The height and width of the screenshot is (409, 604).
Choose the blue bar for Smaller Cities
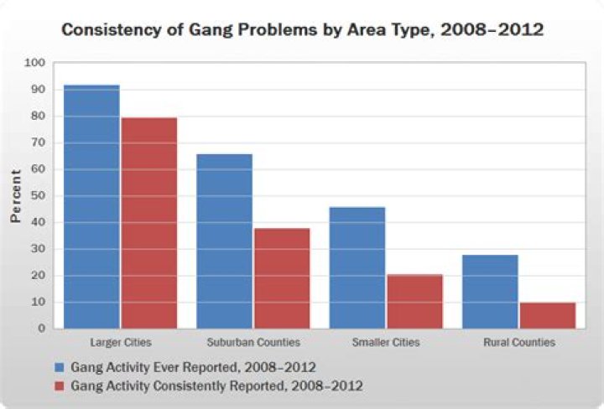(x=357, y=267)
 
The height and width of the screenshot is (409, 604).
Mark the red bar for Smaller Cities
(x=414, y=301)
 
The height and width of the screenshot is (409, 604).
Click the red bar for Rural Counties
(x=547, y=315)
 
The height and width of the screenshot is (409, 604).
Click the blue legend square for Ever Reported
(x=59, y=367)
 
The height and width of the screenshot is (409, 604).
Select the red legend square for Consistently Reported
(x=59, y=386)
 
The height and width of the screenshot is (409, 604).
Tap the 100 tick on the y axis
(x=35, y=63)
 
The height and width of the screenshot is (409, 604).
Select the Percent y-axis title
(x=14, y=195)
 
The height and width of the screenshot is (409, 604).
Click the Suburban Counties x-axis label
(x=253, y=343)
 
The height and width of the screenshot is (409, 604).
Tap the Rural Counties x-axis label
(x=518, y=343)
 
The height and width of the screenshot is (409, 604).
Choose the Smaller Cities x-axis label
(x=386, y=343)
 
